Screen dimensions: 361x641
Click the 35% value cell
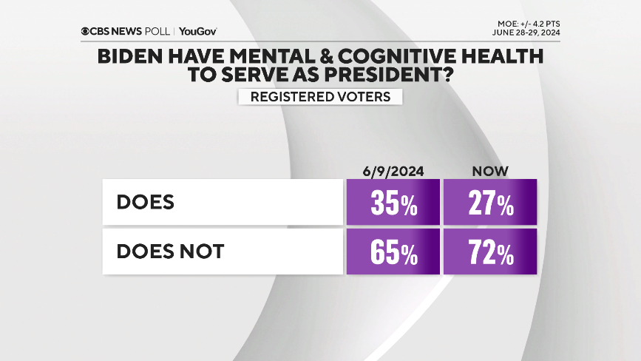[x=393, y=202]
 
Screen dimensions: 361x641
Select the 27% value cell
[x=490, y=202]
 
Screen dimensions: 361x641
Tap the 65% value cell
[x=393, y=252]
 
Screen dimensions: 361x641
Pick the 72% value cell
[x=490, y=252]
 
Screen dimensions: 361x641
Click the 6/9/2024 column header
[x=393, y=171]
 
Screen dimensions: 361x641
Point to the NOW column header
[x=490, y=171]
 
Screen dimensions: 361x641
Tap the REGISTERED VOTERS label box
[x=319, y=97]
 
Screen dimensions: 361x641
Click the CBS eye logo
[x=86, y=32]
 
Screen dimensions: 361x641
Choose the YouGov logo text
[x=198, y=32]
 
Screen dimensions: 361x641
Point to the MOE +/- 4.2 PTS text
[x=528, y=23]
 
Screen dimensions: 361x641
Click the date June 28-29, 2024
[x=526, y=33]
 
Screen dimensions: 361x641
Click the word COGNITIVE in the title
[x=402, y=56]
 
